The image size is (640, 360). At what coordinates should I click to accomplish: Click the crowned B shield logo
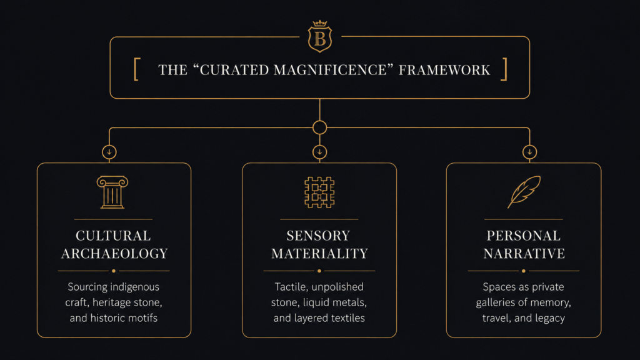coord(319,36)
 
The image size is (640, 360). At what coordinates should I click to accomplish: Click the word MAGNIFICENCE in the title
coord(330,70)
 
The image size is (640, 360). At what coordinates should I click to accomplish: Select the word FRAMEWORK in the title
coord(444,70)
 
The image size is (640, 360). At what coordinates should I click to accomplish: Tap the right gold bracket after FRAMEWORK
coord(504,69)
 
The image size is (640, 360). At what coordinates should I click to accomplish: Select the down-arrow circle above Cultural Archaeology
coord(109,152)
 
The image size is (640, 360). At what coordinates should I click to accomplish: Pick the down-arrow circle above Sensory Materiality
coord(319,152)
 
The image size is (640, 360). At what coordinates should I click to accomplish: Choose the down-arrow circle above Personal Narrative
coord(529,152)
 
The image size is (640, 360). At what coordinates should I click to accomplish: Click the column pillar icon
coord(112,192)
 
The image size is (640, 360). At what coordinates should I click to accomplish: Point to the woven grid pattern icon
coord(319,192)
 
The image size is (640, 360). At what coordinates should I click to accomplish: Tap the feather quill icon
coord(524,192)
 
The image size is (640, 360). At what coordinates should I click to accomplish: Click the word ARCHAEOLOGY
coord(114,254)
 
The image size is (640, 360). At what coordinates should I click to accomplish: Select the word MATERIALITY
coord(319,254)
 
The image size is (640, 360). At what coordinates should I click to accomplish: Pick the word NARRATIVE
coord(524,254)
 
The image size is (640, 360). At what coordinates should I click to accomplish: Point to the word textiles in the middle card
coord(347,318)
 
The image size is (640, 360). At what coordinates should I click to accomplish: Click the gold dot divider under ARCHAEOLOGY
coord(114,271)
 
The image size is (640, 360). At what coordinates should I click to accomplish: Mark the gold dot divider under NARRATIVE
coord(523,271)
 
